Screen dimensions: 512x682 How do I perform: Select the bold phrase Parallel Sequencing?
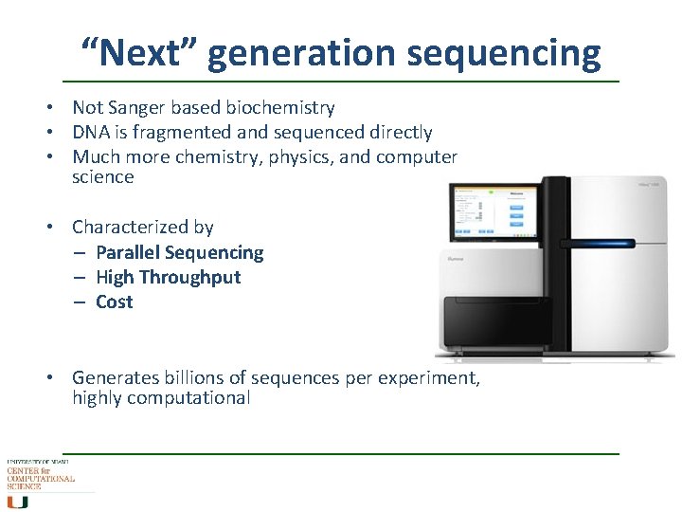[179, 252]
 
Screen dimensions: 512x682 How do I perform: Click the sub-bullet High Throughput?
[168, 277]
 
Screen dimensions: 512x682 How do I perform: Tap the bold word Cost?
[114, 302]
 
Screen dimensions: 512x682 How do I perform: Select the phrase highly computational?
[161, 398]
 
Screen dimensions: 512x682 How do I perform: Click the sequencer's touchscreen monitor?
[493, 210]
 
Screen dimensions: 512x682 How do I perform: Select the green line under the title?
[341, 82]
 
